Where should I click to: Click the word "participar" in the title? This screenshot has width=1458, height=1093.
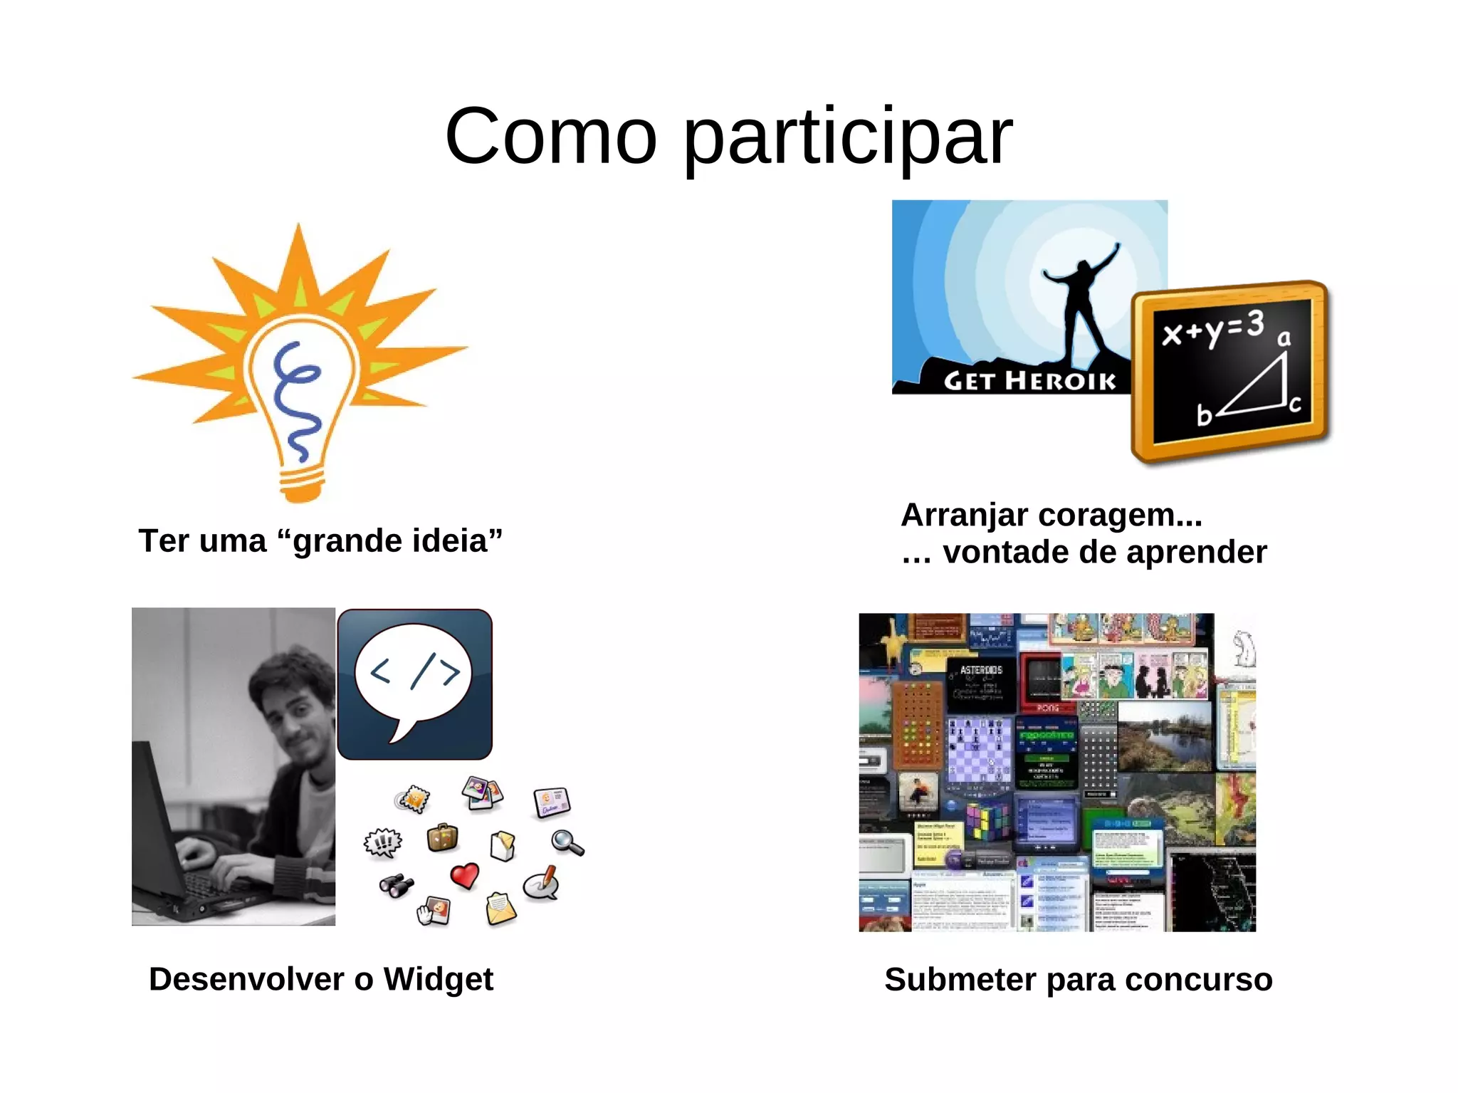(x=847, y=137)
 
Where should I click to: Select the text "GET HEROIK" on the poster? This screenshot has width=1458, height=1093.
(x=1029, y=381)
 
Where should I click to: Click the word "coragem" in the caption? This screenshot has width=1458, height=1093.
(x=1114, y=515)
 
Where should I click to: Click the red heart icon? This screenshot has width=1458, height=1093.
(x=465, y=875)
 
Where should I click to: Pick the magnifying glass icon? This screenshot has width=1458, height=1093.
(x=567, y=843)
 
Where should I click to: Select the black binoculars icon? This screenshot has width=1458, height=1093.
(x=396, y=885)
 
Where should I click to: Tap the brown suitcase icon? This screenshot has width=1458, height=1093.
(x=442, y=837)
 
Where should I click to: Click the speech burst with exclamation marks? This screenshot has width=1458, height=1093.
(x=383, y=843)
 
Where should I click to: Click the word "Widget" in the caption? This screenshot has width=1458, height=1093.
(x=438, y=980)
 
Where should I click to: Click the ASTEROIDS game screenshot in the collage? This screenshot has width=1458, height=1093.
(x=981, y=682)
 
